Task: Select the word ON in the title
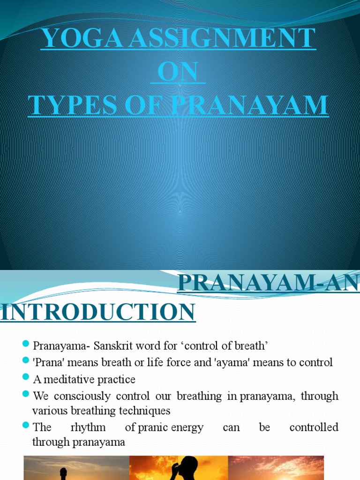coord(178,72)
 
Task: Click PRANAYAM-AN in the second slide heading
coord(269,284)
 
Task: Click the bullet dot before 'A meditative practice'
coord(26,377)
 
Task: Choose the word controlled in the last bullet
coord(314,427)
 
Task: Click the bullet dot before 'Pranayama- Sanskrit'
coord(26,345)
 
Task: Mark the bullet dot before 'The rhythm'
coord(26,426)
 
